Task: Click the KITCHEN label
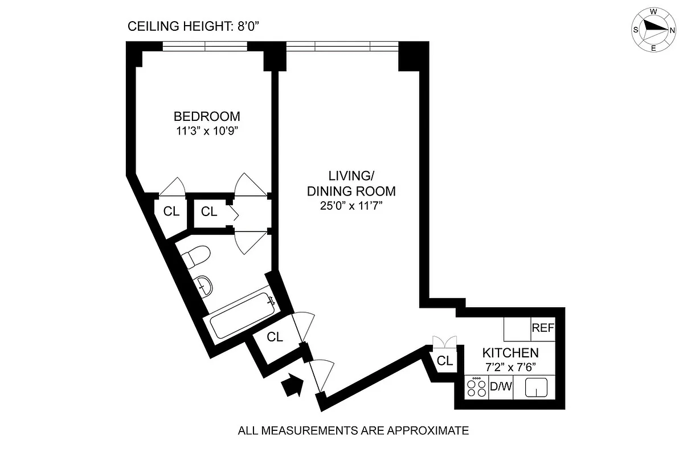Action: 510,353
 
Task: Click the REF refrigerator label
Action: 543,328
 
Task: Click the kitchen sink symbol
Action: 536,388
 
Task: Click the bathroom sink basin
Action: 203,284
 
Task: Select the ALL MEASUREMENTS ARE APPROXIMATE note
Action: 353,431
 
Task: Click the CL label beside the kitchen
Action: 445,361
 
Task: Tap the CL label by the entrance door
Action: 275,337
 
